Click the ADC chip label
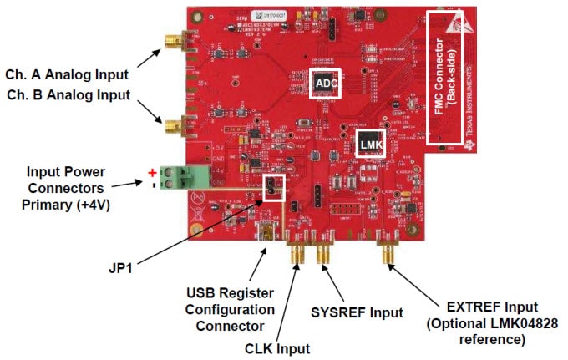[x=327, y=83]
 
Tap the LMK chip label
[x=370, y=145]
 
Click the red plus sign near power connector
[x=152, y=173]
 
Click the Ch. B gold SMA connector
[x=172, y=128]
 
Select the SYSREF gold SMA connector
[x=322, y=255]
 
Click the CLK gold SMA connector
[x=297, y=255]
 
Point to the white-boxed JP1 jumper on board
[x=273, y=189]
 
